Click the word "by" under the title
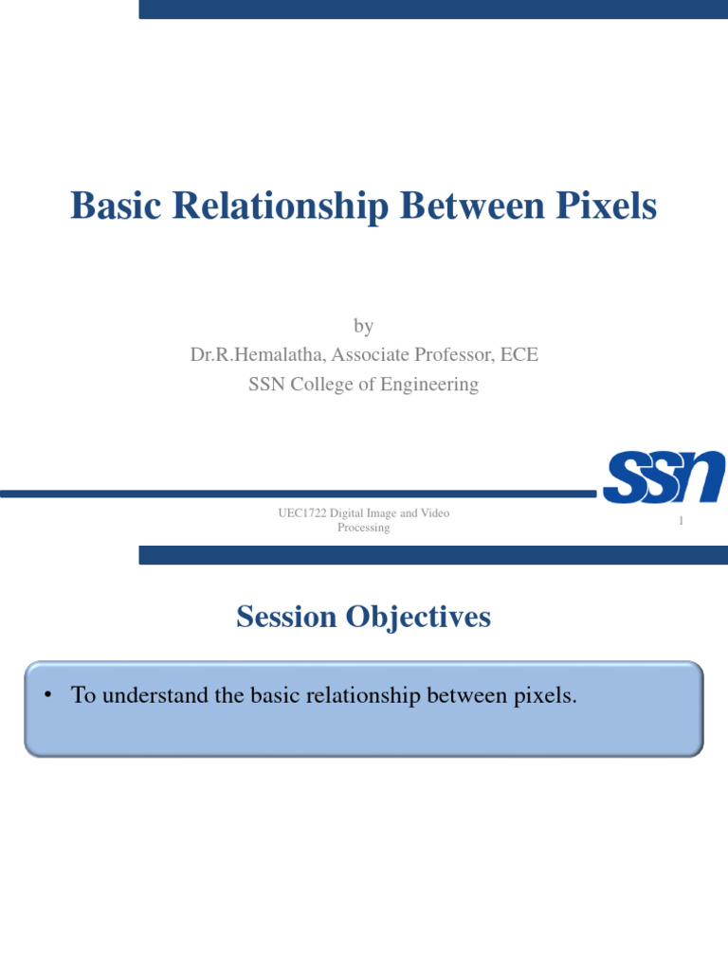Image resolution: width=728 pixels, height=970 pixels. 364,327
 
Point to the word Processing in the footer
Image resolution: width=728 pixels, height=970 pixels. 364,528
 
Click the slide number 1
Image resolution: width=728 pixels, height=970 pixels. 681,522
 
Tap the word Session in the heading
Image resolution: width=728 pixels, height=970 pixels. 287,617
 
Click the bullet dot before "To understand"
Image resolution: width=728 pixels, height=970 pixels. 46,696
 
